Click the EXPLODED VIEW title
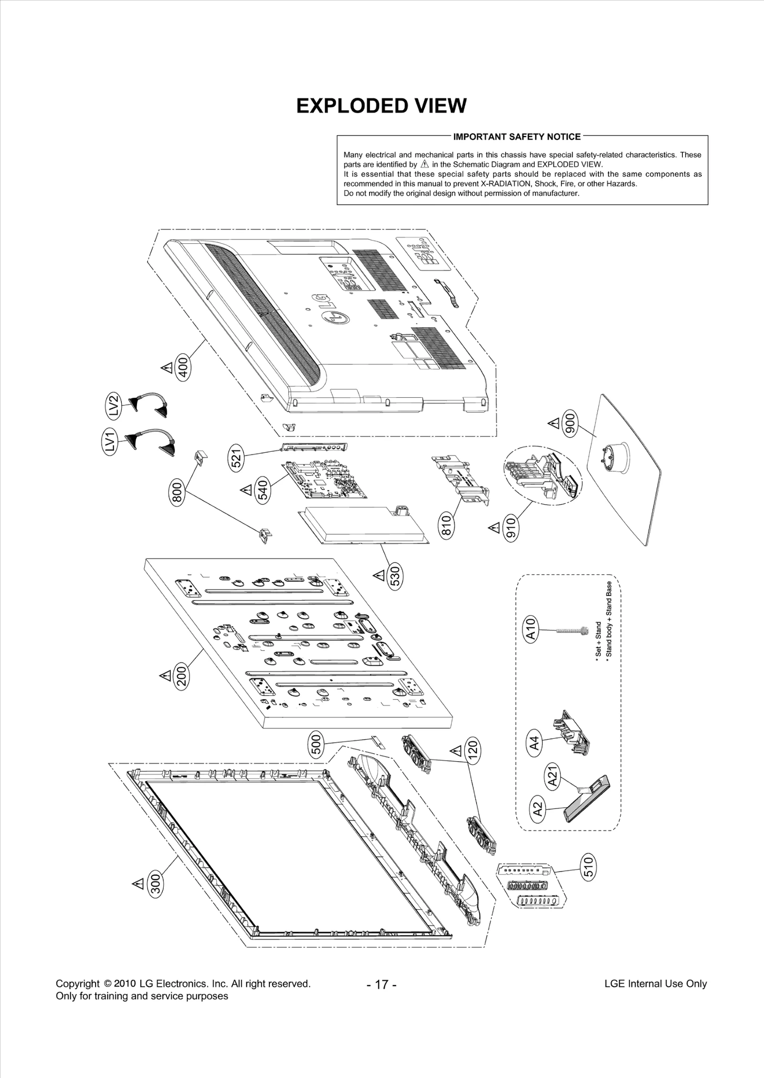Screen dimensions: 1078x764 click(381, 106)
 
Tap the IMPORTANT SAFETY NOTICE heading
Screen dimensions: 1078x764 click(517, 137)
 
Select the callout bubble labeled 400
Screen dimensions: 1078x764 click(184, 368)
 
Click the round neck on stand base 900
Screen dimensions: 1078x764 click(615, 457)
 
